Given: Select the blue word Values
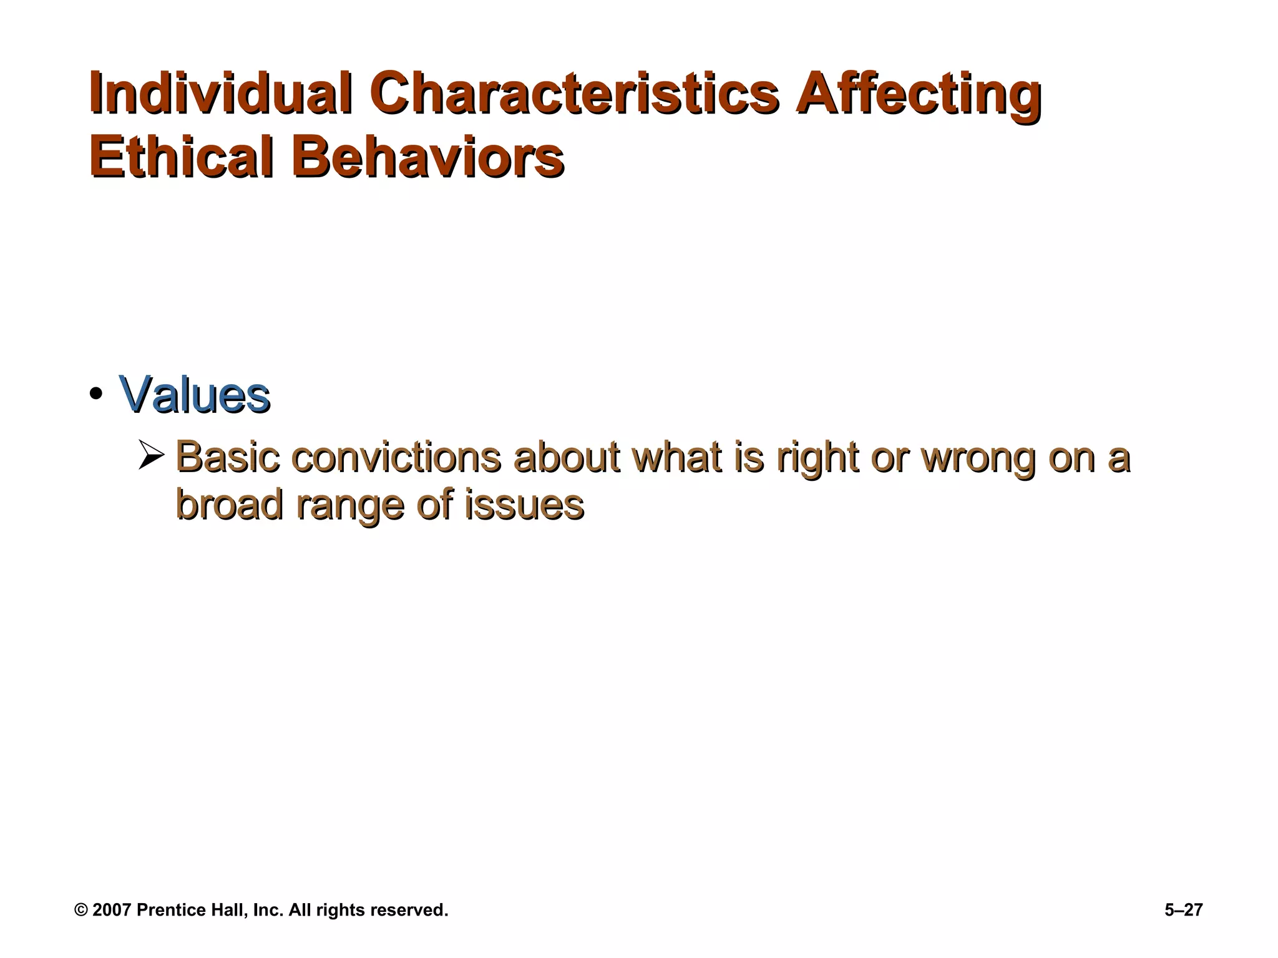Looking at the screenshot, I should click(194, 395).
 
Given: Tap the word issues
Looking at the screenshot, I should click(524, 505).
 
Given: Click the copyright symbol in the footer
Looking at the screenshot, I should click(81, 910).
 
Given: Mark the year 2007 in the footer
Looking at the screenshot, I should click(112, 910).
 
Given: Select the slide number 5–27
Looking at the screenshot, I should click(1183, 910).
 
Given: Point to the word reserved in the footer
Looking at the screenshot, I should click(408, 910).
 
